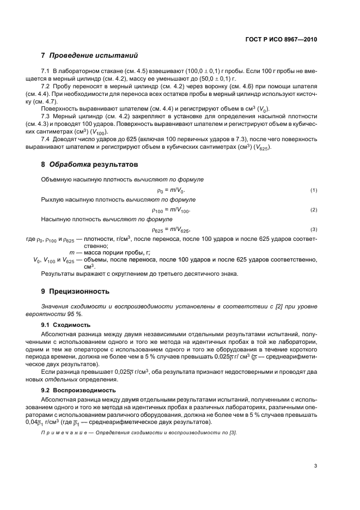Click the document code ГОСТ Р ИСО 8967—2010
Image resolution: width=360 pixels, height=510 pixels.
[x=282, y=39]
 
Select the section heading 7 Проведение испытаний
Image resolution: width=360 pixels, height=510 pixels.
[x=90, y=56]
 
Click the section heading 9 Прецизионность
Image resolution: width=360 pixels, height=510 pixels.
[x=75, y=291]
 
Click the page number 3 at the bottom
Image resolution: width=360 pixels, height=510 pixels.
[x=315, y=465]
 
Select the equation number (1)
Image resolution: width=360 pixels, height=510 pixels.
[x=314, y=190]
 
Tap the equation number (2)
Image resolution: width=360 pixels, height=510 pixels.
[x=314, y=210]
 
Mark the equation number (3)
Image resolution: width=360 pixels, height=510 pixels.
[x=314, y=229]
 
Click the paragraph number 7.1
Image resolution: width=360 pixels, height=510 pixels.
[x=45, y=71]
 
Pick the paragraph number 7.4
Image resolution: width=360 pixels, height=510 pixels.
[x=45, y=139]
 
